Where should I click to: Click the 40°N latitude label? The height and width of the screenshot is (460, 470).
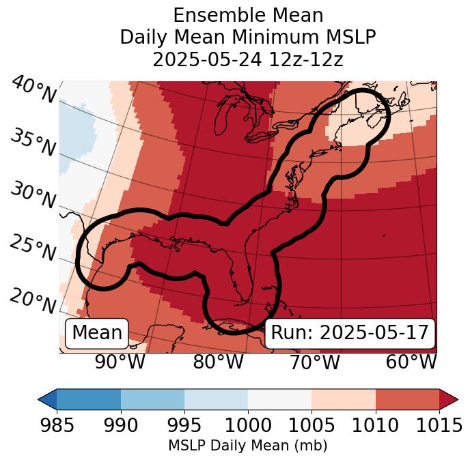point(33,91)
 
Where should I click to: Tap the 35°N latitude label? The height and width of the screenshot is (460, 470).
point(33,143)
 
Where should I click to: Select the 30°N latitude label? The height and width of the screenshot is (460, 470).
point(33,197)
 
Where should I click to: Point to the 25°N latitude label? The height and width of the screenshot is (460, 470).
point(33,248)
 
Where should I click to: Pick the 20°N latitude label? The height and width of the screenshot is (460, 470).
point(33,300)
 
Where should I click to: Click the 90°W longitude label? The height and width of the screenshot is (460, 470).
point(120,362)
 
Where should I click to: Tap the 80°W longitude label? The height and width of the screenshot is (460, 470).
point(218,362)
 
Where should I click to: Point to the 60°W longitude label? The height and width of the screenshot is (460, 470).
point(411,362)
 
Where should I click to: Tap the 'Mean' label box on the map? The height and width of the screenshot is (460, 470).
point(97,333)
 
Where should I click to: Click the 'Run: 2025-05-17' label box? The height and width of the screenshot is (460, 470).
point(350,333)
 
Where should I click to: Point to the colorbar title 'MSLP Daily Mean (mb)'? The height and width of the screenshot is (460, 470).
point(247,446)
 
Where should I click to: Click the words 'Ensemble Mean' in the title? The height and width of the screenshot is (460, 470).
point(248,15)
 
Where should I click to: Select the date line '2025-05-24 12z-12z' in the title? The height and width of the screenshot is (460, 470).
point(248,59)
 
